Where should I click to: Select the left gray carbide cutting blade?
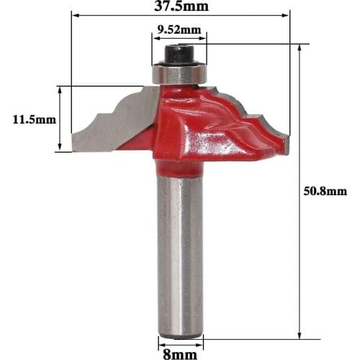pos(115,122)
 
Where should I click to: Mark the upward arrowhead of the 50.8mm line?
pos(298,48)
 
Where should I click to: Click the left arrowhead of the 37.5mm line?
pos(74,16)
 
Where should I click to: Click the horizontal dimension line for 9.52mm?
pos(178,41)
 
